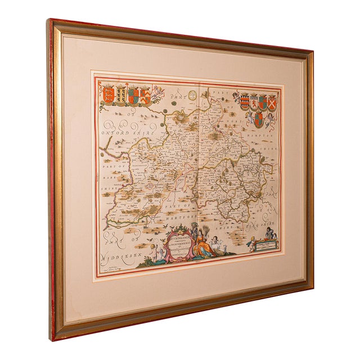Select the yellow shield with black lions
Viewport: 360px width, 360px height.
120,92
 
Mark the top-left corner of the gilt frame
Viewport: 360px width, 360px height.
50,21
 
